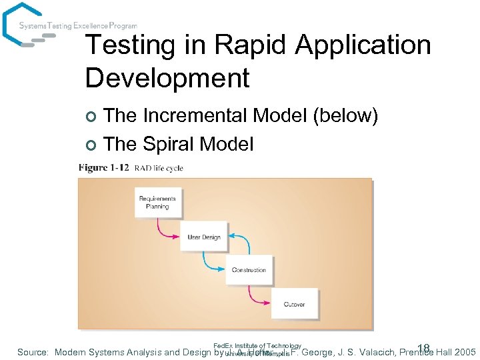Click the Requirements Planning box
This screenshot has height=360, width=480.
(x=157, y=202)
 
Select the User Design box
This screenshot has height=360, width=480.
(x=204, y=237)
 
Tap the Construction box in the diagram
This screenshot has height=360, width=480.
(x=249, y=270)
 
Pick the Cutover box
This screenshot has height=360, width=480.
(x=294, y=304)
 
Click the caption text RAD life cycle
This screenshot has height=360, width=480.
(x=159, y=168)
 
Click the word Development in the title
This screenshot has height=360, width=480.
(x=167, y=78)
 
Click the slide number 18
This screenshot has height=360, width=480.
(x=423, y=347)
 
